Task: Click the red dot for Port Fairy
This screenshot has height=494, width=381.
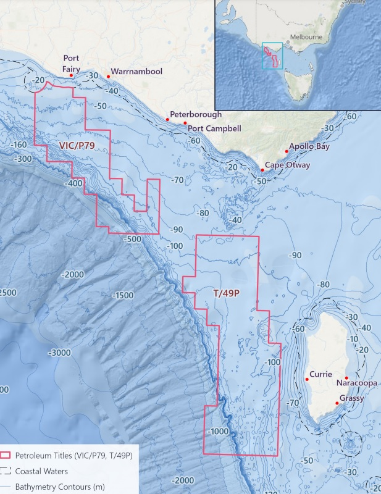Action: tap(72, 75)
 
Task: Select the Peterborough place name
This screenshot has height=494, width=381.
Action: tap(196, 115)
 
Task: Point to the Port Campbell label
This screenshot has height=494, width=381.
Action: tap(215, 128)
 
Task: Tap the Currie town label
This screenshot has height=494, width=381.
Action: tap(321, 374)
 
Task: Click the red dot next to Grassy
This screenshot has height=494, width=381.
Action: tap(337, 403)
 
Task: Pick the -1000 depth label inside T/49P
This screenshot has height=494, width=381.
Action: tap(221, 431)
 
